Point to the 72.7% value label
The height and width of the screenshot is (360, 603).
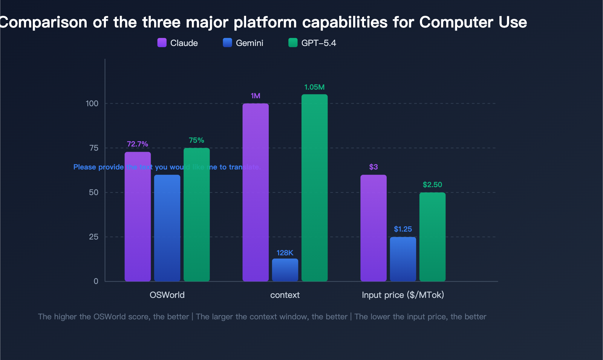[137, 144]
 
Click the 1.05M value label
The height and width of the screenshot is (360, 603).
[314, 87]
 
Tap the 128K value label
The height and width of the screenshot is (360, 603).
[285, 253]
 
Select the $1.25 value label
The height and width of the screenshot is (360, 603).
[403, 229]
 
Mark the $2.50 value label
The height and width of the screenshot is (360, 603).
[432, 185]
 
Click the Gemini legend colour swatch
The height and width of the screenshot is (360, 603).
[227, 43]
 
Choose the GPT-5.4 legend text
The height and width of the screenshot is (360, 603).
[318, 43]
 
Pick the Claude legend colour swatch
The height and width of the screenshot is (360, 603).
[162, 43]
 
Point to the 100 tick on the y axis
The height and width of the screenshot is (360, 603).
[92, 104]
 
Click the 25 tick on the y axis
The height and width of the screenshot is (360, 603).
[93, 237]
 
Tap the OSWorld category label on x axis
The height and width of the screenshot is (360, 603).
[167, 295]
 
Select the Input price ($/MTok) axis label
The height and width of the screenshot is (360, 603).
[403, 295]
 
